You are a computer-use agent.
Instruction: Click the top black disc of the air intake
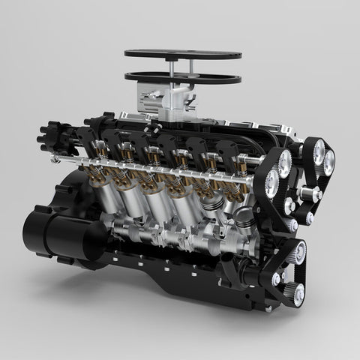coord(183,55)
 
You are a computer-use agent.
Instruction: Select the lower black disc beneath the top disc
coord(183,76)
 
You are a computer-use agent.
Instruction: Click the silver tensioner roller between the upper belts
coord(305,193)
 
